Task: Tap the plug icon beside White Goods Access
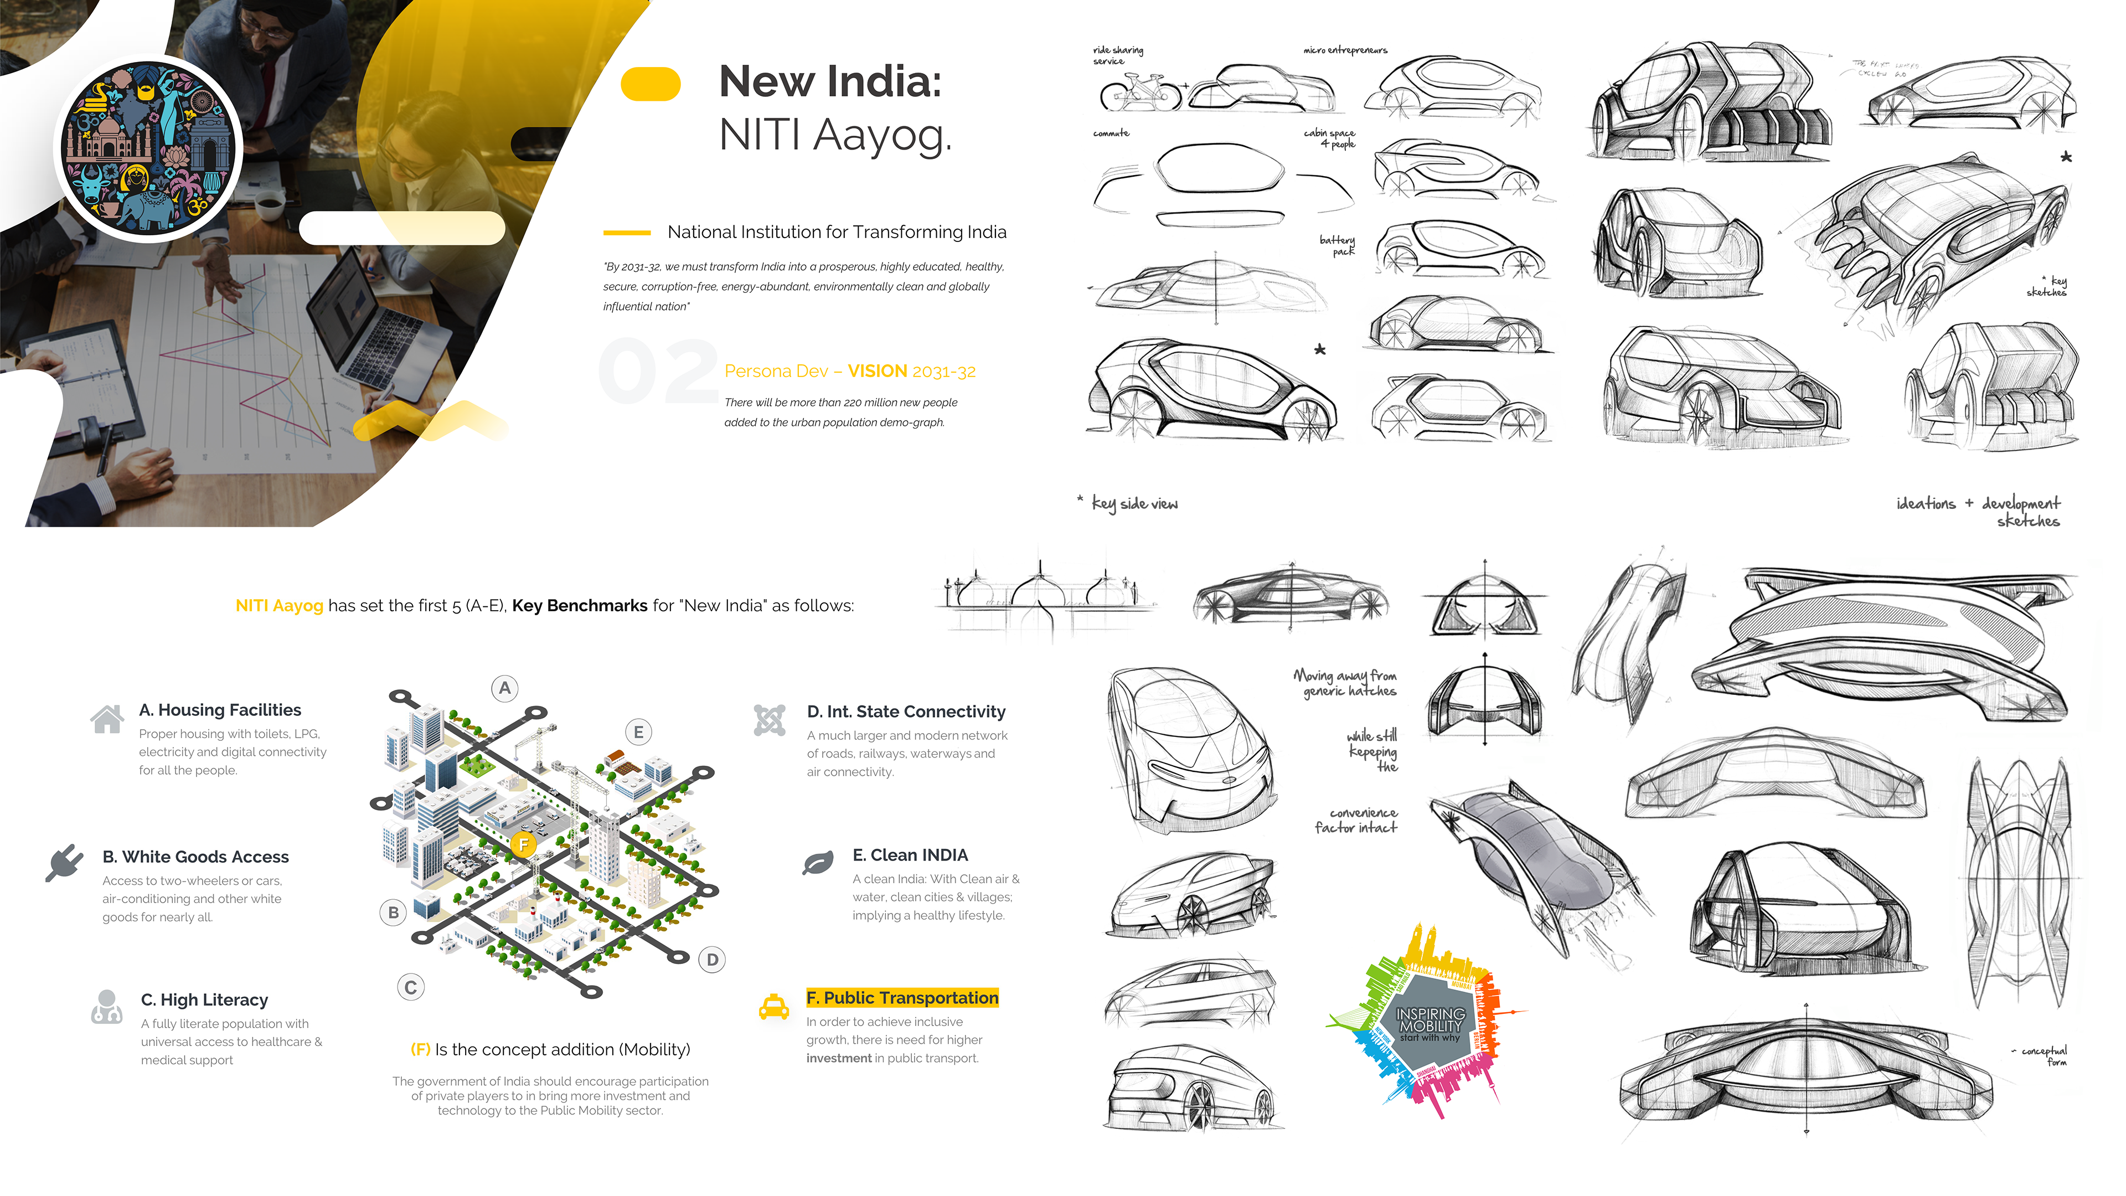point(64,863)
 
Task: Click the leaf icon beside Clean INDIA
point(817,863)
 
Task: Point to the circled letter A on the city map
point(505,688)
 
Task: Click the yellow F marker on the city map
point(523,843)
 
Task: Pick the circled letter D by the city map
point(712,959)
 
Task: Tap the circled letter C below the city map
point(410,987)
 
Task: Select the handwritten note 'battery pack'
point(1337,245)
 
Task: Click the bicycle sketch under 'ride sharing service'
point(1140,92)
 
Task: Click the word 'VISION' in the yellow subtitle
point(878,372)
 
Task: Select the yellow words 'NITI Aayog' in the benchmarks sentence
point(279,606)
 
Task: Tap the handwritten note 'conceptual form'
point(2045,1056)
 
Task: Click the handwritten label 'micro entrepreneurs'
point(1345,50)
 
